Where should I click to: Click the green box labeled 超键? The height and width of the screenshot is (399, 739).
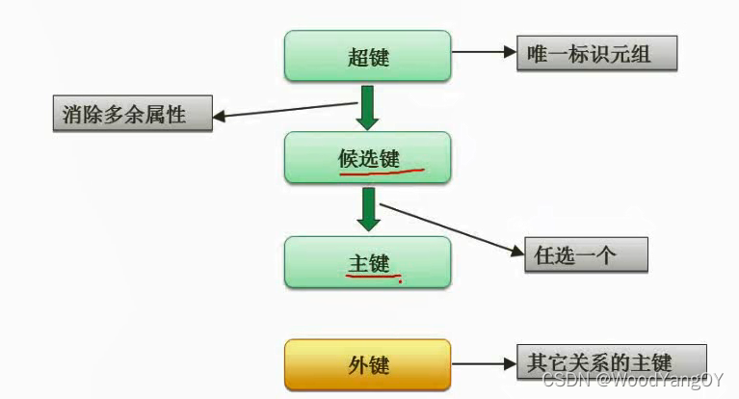click(367, 56)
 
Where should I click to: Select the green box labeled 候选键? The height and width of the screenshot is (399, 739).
click(367, 158)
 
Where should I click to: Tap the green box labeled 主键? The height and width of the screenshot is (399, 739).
click(367, 261)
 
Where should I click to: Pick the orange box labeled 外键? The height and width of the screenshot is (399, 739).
click(367, 364)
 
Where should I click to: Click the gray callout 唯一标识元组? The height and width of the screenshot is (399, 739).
click(596, 54)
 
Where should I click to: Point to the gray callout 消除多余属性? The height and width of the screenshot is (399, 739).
click(132, 116)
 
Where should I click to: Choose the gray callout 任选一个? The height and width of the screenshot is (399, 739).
click(586, 254)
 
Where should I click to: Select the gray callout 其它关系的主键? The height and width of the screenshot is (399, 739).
click(612, 363)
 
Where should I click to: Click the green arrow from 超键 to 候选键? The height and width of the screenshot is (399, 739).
click(367, 107)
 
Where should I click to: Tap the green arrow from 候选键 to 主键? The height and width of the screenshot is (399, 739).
click(367, 210)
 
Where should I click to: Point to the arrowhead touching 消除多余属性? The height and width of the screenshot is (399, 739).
click(219, 118)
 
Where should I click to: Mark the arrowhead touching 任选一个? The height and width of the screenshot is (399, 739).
click(516, 253)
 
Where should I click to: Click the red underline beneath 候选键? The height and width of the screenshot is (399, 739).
click(382, 173)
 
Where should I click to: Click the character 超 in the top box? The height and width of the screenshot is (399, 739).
click(356, 56)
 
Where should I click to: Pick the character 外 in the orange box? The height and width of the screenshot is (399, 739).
click(356, 365)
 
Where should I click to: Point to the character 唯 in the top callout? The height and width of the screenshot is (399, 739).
click(538, 54)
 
